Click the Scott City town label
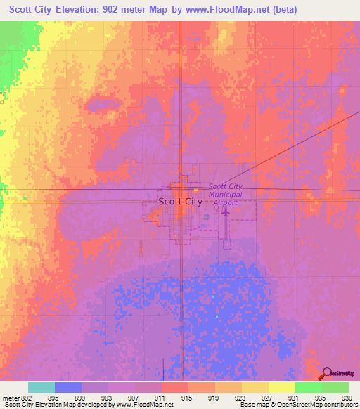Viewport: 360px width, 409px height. pos(180,201)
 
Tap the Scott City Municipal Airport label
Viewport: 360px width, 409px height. pos(225,194)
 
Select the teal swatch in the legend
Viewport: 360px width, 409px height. pos(41,387)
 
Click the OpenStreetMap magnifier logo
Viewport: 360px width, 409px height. pos(327,373)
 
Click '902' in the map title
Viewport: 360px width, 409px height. pos(119,10)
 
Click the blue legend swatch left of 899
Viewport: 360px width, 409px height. pos(68,387)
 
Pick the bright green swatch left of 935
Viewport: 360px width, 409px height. pos(308,387)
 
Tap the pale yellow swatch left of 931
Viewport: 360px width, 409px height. pos(281,387)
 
